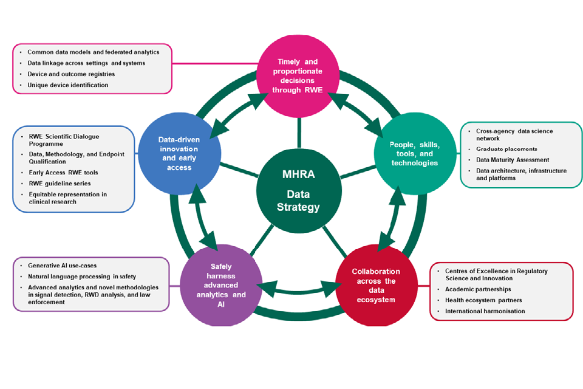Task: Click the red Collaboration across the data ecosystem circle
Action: pyautogui.click(x=376, y=286)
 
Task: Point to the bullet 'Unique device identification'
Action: pyautogui.click(x=68, y=85)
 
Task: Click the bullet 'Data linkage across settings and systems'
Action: pyautogui.click(x=86, y=63)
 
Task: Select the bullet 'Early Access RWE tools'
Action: pyautogui.click(x=63, y=173)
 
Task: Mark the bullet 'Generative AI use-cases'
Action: pyautogui.click(x=63, y=266)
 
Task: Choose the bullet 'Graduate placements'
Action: pyautogui.click(x=506, y=149)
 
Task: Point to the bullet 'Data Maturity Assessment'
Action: pyautogui.click(x=514, y=160)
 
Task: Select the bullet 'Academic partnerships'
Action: pyautogui.click(x=478, y=289)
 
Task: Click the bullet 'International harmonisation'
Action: pyautogui.click(x=485, y=311)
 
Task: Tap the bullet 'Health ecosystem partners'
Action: pyautogui.click(x=483, y=300)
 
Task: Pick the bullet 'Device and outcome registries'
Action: pyautogui.click(x=71, y=74)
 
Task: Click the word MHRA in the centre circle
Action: pyautogui.click(x=299, y=174)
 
